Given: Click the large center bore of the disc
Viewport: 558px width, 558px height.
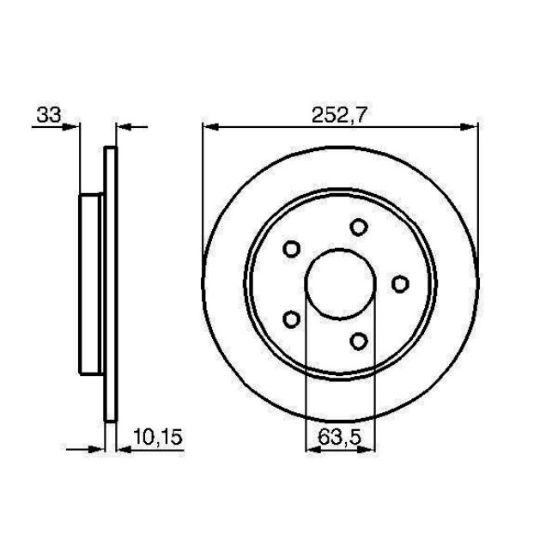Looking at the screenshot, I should [341, 284].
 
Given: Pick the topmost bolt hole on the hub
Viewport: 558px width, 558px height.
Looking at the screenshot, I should [359, 227].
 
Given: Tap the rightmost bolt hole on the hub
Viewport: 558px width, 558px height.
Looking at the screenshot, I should [399, 283].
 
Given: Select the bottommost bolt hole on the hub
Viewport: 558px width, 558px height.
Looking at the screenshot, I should [359, 341].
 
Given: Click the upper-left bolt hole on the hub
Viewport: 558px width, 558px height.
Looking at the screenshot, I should [291, 249].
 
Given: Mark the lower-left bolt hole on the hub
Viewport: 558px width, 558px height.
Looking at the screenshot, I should [291, 319].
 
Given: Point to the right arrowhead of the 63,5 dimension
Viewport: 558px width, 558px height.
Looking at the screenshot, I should [368, 448].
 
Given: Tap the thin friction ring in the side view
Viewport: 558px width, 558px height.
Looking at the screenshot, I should [109, 284].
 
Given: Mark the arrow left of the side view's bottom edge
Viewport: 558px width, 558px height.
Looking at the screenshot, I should [95, 448].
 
